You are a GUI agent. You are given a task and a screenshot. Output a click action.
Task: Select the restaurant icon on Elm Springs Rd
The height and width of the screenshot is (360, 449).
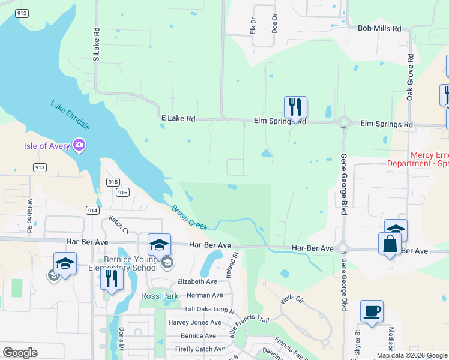(295, 107)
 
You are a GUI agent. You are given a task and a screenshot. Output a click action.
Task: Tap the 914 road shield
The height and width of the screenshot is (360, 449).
(92, 210)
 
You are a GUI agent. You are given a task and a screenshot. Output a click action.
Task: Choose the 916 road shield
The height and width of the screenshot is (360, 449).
(123, 192)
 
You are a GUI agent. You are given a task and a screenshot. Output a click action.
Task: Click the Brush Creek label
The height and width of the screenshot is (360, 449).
(190, 217)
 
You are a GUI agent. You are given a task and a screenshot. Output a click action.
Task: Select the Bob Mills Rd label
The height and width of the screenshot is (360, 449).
(379, 28)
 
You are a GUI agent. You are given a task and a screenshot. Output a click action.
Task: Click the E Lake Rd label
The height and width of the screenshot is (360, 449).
(178, 119)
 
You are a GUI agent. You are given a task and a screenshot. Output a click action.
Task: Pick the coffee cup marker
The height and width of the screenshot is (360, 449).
(372, 311)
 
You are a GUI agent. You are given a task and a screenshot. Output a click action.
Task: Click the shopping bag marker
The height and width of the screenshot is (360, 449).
(390, 244)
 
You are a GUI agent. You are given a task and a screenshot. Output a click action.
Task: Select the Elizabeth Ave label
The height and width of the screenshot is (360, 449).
(197, 281)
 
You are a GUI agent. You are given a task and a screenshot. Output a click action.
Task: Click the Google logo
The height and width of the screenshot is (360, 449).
(20, 353)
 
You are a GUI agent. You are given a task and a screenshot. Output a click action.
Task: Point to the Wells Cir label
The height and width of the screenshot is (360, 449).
(290, 299)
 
